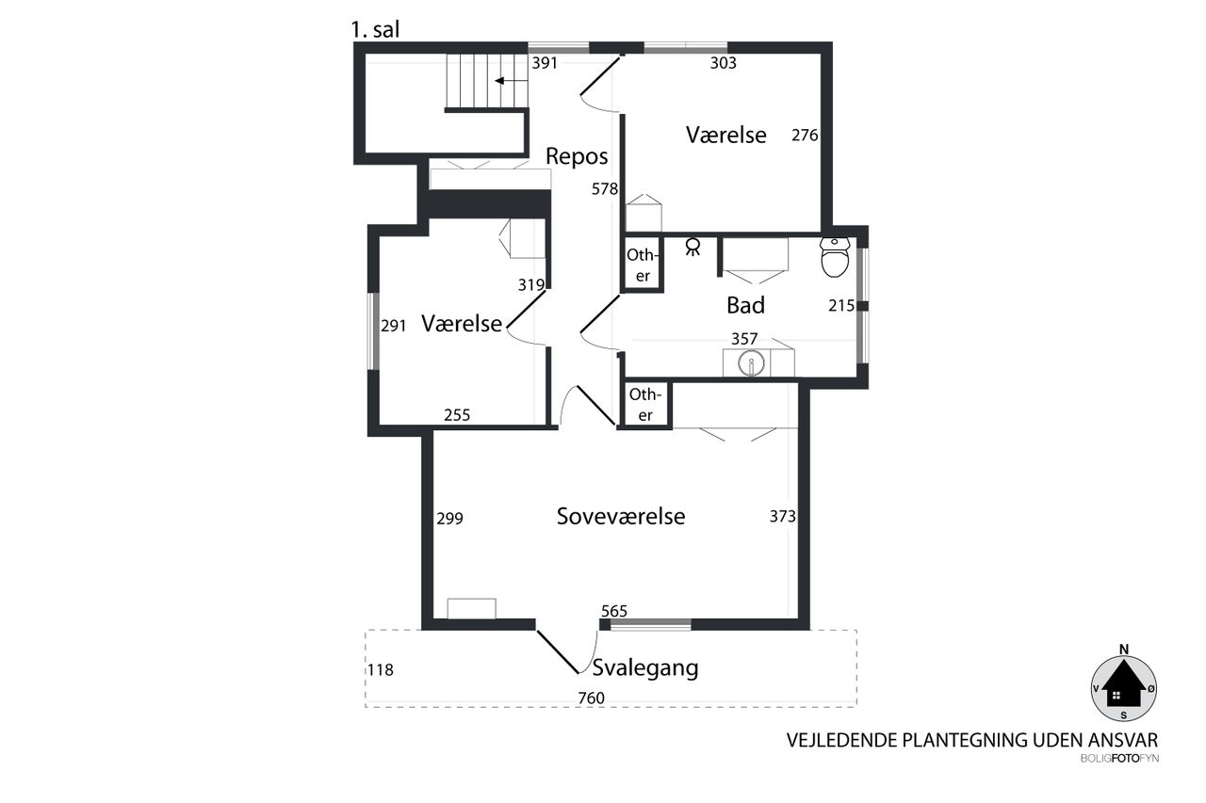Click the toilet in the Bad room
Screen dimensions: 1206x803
(x=835, y=257)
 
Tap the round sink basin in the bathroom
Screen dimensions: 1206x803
(x=751, y=363)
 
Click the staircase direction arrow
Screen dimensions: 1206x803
(x=511, y=81)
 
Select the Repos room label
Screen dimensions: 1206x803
(x=577, y=156)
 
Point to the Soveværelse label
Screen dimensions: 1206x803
(x=621, y=516)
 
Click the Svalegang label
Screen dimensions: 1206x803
(x=645, y=668)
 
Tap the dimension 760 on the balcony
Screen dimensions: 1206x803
(x=591, y=698)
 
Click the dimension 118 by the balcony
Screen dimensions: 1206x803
(x=381, y=669)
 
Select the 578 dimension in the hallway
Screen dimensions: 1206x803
(x=605, y=189)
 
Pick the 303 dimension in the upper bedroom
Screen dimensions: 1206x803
(x=723, y=63)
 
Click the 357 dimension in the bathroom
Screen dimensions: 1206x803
(x=744, y=338)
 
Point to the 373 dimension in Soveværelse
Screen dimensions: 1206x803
(x=782, y=516)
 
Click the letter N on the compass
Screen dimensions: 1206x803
(x=1124, y=650)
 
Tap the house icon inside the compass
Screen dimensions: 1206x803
(x=1124, y=684)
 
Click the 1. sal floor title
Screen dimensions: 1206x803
(x=375, y=29)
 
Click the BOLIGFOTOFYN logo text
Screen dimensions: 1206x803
(x=1119, y=759)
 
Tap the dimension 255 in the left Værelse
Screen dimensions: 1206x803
(x=457, y=414)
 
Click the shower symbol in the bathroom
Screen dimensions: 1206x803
(x=693, y=247)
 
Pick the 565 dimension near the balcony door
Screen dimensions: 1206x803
(x=614, y=611)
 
